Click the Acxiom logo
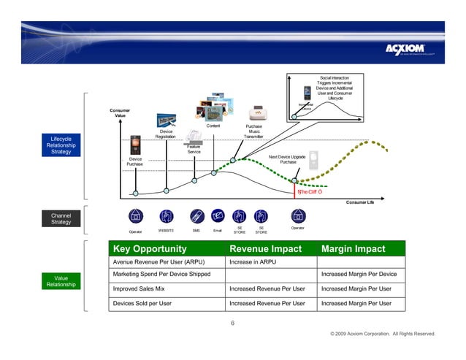(x=410, y=49)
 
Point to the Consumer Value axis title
(x=120, y=114)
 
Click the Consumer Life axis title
(x=359, y=202)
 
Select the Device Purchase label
(x=135, y=161)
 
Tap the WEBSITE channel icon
(x=166, y=216)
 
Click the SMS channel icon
(x=196, y=216)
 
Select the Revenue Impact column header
(x=265, y=249)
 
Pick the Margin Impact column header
(x=353, y=249)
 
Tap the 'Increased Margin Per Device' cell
(x=359, y=274)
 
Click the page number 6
(x=232, y=323)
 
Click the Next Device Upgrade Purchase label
(x=287, y=159)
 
